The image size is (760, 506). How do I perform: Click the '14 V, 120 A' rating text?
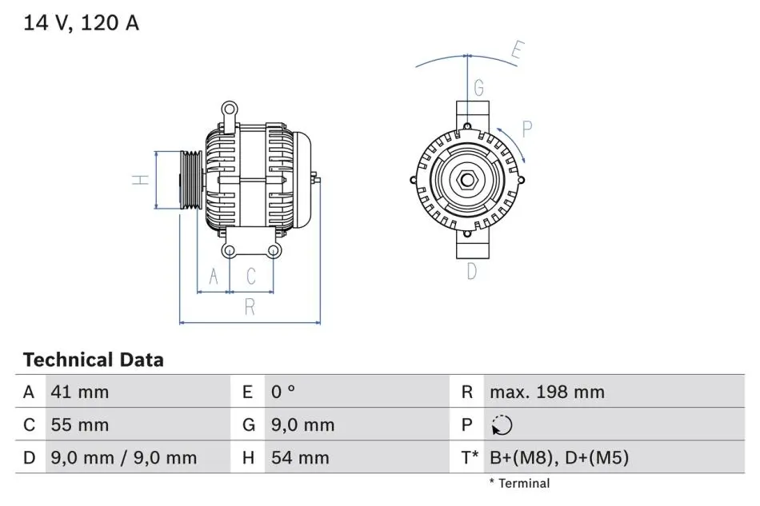tap(81, 22)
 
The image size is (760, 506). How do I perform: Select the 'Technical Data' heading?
tap(93, 360)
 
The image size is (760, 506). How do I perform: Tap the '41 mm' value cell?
tap(79, 392)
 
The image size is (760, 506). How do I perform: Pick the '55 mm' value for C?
tap(79, 424)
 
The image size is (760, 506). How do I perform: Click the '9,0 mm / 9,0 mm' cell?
tap(123, 457)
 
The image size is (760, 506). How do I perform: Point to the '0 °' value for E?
tap(283, 392)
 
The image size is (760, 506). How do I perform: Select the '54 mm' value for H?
tap(300, 457)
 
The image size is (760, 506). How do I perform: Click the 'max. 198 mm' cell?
tap(547, 392)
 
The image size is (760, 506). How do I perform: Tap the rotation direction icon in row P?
tap(502, 425)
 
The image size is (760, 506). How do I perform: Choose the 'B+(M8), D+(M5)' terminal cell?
tap(559, 457)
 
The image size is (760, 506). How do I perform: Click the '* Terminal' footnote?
tap(519, 484)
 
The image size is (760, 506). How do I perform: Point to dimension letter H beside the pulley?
tap(141, 180)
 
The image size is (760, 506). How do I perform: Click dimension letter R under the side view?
tap(250, 307)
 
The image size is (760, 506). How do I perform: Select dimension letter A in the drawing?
tap(214, 277)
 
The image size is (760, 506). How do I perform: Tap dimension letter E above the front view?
tap(518, 50)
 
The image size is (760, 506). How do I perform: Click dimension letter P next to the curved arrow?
tap(527, 129)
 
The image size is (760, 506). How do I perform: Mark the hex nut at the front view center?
tap(467, 180)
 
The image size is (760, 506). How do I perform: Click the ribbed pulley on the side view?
tap(190, 180)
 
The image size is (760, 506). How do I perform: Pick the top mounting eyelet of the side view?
tap(230, 109)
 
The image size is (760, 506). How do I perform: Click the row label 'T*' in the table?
tap(470, 457)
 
